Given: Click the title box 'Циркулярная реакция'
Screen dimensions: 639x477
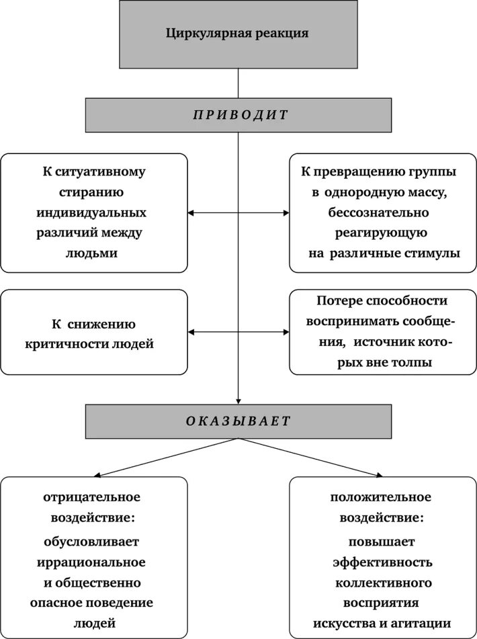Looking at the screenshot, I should (x=238, y=34).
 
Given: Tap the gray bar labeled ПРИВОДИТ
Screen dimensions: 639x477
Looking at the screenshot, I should (x=238, y=114).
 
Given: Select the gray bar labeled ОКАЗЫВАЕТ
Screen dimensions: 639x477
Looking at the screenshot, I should (x=238, y=421).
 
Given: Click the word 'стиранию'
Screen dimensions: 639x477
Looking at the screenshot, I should (x=94, y=192).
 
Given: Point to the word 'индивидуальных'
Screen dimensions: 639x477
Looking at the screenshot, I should (x=94, y=212).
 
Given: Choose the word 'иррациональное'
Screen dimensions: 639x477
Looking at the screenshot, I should (x=94, y=561).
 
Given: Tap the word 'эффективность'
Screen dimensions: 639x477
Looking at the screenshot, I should (x=381, y=561).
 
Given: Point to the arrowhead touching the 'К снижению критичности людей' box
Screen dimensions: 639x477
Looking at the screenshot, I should (x=191, y=332).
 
